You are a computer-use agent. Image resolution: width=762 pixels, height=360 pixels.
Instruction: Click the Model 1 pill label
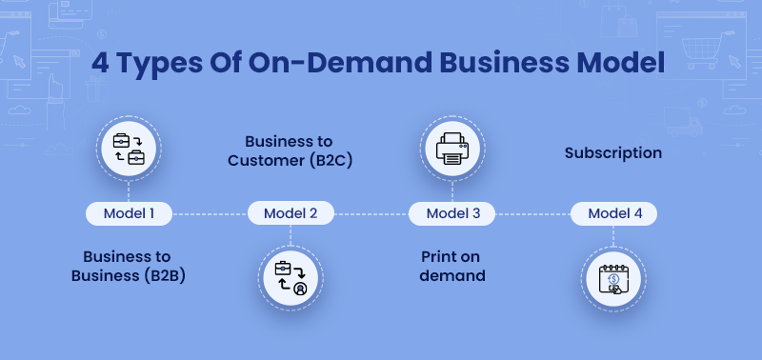[129, 213]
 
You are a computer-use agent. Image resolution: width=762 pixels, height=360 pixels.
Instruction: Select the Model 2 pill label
[291, 213]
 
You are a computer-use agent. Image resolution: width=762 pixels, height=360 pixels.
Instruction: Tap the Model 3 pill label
[452, 213]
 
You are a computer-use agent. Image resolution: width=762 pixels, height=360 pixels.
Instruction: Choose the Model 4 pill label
[614, 213]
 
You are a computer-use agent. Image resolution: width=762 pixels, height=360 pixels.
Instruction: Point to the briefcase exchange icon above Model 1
[129, 149]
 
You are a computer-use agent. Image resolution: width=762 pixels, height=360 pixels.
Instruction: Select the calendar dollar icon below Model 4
[614, 277]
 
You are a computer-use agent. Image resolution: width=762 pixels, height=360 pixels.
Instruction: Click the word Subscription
[612, 152]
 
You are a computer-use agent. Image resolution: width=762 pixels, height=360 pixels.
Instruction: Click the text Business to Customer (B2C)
[291, 150]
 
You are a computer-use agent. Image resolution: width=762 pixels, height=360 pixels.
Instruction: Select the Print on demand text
[453, 266]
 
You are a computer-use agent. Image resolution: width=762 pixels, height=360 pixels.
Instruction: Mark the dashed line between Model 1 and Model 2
[210, 214]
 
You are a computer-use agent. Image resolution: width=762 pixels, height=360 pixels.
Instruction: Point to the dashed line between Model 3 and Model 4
[533, 214]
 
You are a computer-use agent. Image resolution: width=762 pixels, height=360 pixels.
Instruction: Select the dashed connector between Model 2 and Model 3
[371, 214]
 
